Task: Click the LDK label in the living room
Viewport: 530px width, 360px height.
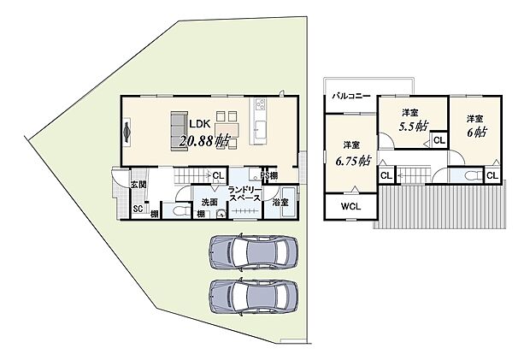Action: coord(202,122)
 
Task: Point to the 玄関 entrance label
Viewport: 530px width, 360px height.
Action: coord(138,184)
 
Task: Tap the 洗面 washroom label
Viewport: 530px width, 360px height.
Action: coord(209,202)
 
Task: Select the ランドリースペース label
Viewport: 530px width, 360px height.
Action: coord(244,196)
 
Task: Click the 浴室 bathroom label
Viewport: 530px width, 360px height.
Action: coord(280,202)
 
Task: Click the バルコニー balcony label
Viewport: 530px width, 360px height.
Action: coord(351,97)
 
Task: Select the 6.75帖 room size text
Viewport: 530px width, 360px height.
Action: coord(352,160)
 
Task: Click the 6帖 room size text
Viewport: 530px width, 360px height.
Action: coord(477,133)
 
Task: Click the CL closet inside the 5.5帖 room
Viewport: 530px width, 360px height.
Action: coord(439,139)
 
